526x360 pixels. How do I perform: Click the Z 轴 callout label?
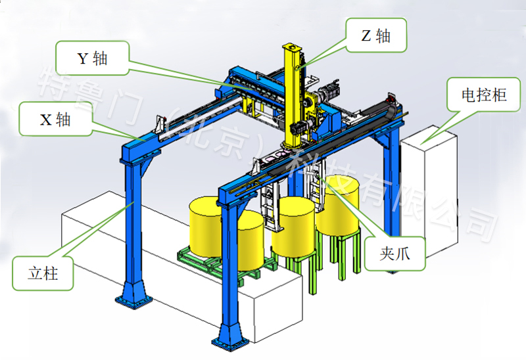point(376,35)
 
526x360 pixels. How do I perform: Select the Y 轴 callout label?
point(92,58)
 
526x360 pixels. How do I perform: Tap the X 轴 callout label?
point(55,119)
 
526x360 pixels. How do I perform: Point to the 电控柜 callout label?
point(484,95)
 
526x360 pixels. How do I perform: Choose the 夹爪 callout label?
point(395,254)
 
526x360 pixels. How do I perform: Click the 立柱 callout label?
point(43,273)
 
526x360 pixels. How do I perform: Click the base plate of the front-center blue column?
point(230,342)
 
